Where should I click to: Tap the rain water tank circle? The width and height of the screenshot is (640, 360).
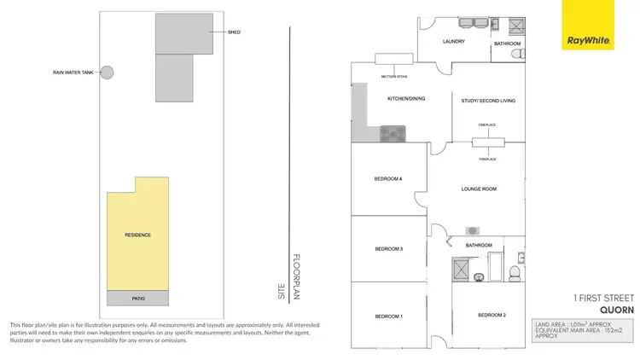click(x=108, y=73)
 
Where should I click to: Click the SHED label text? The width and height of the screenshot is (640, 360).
click(x=234, y=32)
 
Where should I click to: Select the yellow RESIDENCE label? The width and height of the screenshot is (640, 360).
click(x=137, y=234)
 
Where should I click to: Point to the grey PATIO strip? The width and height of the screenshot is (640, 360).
click(x=137, y=298)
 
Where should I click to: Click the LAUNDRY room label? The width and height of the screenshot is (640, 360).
click(x=453, y=41)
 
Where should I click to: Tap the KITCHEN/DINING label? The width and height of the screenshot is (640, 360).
click(x=406, y=99)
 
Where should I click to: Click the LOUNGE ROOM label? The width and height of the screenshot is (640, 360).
click(x=479, y=189)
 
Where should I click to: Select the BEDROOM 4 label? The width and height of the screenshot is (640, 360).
click(x=387, y=178)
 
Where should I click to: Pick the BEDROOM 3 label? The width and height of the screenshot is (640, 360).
click(x=388, y=249)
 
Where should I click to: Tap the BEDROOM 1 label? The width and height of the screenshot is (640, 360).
click(x=388, y=316)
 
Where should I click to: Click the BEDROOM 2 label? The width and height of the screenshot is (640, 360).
click(x=492, y=316)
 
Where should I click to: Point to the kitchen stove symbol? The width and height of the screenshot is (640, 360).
click(x=393, y=133)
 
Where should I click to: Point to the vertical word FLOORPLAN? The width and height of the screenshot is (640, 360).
click(x=296, y=275)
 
